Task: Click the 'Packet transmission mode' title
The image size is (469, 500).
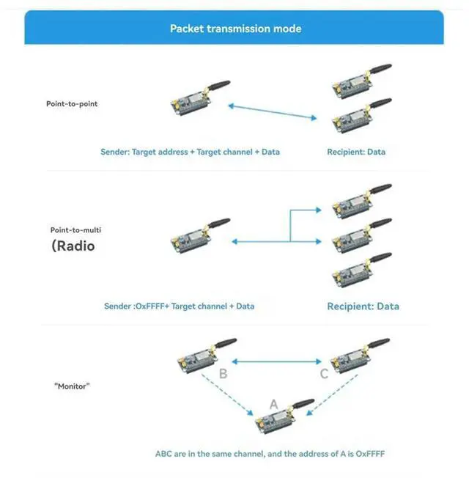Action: point(235,29)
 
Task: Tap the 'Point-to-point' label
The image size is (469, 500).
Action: point(72,104)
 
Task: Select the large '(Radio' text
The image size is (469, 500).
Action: point(73,246)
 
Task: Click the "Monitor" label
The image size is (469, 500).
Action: point(72,386)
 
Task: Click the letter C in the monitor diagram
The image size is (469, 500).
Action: point(323,375)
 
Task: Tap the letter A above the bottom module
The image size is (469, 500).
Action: point(274,404)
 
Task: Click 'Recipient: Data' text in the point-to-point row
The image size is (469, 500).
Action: point(356,152)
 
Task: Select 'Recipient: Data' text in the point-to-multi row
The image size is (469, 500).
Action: point(363,306)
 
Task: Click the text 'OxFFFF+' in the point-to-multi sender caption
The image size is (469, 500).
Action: point(152,306)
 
